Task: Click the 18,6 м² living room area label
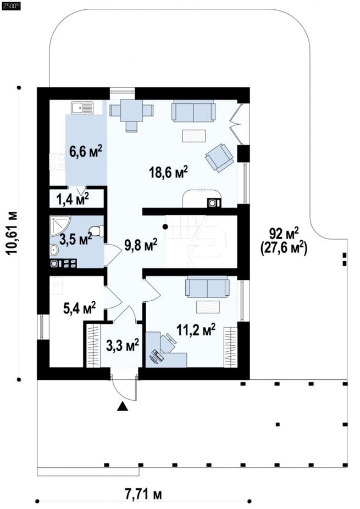point(169,173)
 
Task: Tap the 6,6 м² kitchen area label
point(86,151)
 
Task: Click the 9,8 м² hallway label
point(141,245)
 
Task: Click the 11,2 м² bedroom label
point(196,330)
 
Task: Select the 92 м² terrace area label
point(284,233)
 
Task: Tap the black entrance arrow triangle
point(123,406)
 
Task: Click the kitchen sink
point(82,108)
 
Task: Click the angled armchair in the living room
point(219,157)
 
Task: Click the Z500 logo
point(11,5)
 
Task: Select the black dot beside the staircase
point(165,226)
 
